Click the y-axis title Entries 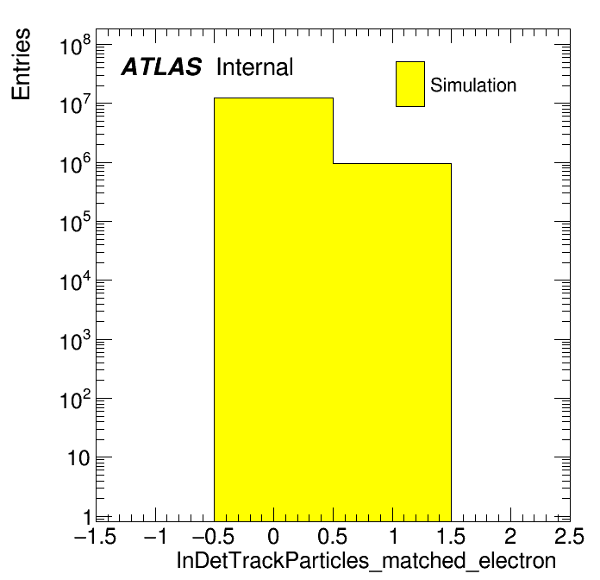[21, 64]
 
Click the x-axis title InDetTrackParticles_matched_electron [366, 561]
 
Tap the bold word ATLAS [161, 66]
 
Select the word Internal [254, 66]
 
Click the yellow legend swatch [410, 84]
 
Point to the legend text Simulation [473, 85]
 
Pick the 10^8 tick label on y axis [76, 45]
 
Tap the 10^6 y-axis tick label [76, 163]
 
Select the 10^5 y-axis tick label [76, 222]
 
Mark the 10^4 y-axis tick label [76, 281]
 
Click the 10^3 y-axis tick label [76, 340]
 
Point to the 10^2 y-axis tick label [76, 399]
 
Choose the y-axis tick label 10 [79, 458]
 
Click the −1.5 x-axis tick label [96, 536]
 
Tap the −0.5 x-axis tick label [214, 536]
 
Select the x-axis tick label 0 [273, 536]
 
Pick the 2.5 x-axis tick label [569, 536]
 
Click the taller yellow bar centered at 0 [273, 310]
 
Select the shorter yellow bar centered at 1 [392, 343]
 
